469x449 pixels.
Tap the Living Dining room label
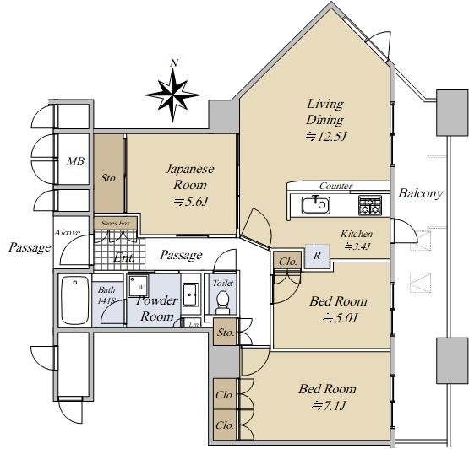click(x=324, y=111)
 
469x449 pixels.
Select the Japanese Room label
click(x=190, y=177)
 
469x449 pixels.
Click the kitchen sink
click(x=315, y=205)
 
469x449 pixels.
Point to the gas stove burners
click(x=370, y=205)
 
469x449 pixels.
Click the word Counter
click(x=335, y=186)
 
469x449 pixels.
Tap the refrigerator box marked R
click(x=317, y=256)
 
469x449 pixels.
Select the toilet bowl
click(x=222, y=301)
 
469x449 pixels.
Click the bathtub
click(x=75, y=300)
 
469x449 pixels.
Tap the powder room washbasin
click(x=190, y=295)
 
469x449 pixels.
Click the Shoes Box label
click(x=116, y=223)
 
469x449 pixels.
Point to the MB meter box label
click(x=75, y=161)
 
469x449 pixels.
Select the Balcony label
click(x=420, y=193)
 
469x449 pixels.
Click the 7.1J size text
click(x=329, y=406)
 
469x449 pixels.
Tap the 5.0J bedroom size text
click(x=340, y=318)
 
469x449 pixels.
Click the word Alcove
click(x=67, y=232)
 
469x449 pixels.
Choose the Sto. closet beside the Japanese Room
click(x=108, y=173)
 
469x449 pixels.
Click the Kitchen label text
click(x=357, y=234)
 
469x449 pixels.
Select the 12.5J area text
click(x=325, y=137)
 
